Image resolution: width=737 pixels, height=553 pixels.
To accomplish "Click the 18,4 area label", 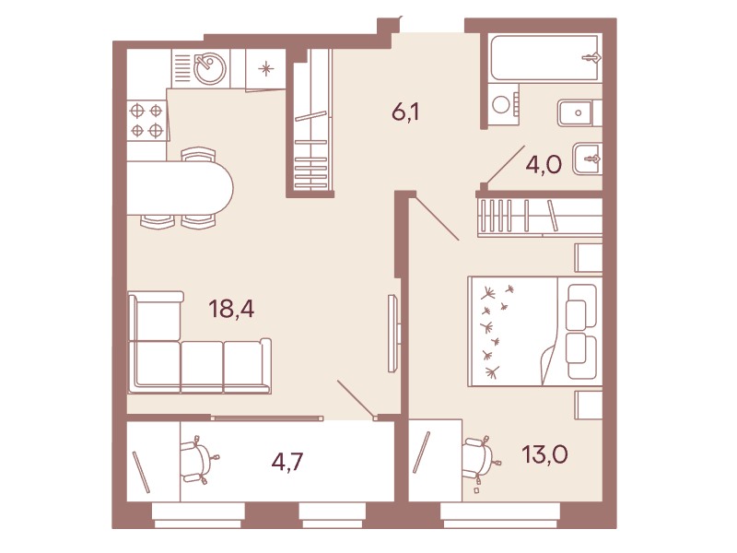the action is [x=231, y=310].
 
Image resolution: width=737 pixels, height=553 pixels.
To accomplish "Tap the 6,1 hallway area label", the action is [x=405, y=112].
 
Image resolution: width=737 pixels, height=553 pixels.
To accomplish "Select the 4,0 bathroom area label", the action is [x=544, y=165].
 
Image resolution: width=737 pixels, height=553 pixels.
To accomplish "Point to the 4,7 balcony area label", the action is [x=287, y=462].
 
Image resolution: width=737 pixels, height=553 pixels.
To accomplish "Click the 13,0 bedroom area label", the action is [x=544, y=454].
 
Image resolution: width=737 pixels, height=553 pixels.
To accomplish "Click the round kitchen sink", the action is [x=210, y=68].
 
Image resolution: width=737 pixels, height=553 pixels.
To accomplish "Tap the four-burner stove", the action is [x=146, y=121].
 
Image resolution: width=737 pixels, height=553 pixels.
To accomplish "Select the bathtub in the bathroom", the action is [x=544, y=57].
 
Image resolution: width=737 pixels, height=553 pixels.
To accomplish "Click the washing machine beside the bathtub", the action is [x=503, y=105].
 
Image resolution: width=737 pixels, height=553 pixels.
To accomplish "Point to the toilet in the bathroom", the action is [x=588, y=159].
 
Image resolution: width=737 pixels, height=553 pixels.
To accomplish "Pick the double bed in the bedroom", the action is [x=535, y=332].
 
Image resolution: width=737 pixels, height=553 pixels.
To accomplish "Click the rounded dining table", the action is [x=181, y=188].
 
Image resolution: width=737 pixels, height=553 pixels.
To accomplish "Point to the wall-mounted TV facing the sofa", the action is [x=394, y=333].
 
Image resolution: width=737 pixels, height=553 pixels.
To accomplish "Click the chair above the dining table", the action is [x=198, y=155].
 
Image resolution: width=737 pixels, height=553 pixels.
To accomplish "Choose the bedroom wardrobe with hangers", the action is [x=540, y=217].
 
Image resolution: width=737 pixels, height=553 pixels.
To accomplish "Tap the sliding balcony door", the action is [x=267, y=418].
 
